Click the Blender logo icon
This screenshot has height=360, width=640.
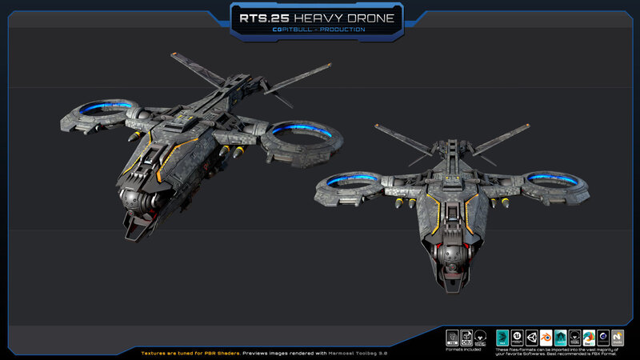[x=546, y=337]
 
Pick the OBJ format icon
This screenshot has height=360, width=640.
[x=466, y=337]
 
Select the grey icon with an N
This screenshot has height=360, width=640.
[x=618, y=337]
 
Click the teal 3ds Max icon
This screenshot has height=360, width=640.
[x=502, y=337]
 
